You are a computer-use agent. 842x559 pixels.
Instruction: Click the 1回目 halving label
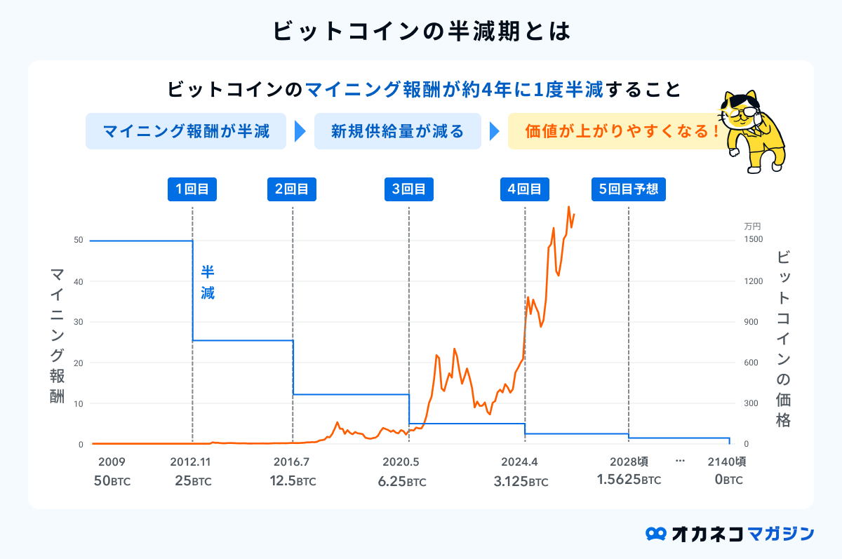pos(192,189)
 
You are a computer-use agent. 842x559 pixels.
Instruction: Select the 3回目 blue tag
pos(408,189)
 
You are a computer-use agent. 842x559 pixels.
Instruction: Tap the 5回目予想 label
pos(628,189)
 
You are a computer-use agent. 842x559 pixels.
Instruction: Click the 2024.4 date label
pos(521,462)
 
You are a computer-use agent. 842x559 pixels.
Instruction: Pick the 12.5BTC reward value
pos(293,481)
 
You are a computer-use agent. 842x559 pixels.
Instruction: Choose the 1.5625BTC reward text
pos(629,480)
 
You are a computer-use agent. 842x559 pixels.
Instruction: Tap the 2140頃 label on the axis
pos(726,462)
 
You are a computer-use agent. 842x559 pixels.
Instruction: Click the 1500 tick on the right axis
pos(753,240)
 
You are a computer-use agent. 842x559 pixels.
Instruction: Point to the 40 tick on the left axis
pos(78,281)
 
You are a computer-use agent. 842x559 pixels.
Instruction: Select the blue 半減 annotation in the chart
pos(208,283)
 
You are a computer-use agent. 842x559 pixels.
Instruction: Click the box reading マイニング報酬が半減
pos(186,131)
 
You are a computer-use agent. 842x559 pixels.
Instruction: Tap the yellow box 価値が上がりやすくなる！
pos(622,131)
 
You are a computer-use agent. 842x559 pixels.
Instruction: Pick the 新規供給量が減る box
pos(397,131)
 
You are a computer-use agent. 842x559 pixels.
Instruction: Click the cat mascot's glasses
pos(742,111)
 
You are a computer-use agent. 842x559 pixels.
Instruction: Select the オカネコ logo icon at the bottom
pos(656,534)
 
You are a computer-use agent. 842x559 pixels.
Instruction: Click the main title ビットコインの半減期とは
pos(420,32)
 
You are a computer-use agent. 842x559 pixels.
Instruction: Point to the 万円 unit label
pos(752,226)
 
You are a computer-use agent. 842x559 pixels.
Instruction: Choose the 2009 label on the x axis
pos(112,462)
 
